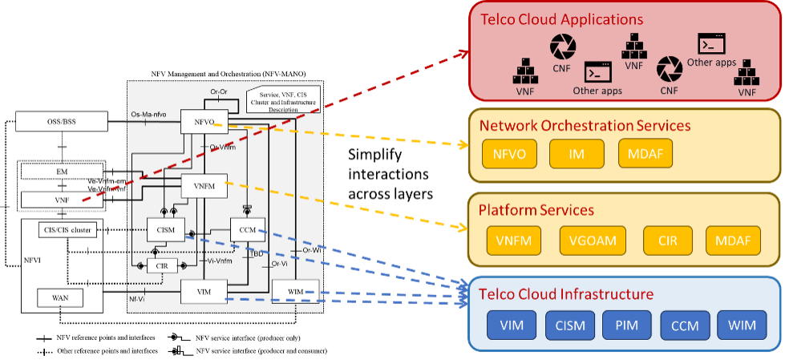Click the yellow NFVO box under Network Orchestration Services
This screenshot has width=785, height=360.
(509, 154)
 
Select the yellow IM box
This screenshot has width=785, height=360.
(577, 154)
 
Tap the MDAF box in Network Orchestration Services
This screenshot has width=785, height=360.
(645, 154)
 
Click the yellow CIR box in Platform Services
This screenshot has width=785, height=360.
(666, 240)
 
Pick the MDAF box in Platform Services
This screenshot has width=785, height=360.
(733, 240)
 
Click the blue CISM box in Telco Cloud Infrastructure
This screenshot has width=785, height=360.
(570, 326)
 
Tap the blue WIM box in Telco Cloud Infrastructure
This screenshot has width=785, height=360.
(741, 326)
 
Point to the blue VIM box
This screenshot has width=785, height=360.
(512, 326)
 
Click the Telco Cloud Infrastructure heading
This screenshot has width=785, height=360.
(565, 293)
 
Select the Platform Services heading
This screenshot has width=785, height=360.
(536, 210)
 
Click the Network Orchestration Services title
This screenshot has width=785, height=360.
(585, 125)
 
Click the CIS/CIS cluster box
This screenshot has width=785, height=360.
(65, 230)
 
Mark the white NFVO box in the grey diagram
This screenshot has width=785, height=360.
(204, 120)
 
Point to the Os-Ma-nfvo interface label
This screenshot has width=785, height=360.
(153, 115)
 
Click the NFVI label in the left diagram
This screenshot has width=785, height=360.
(31, 260)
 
